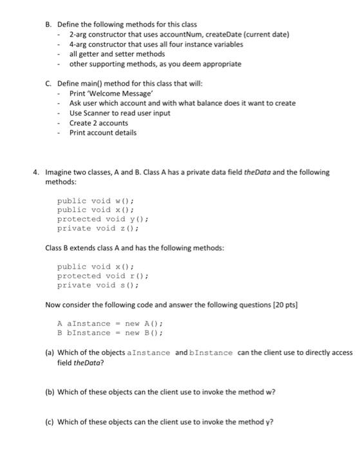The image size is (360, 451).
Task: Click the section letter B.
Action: (48, 24)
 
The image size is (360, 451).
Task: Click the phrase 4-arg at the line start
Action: (79, 44)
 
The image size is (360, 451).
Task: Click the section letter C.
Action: (48, 84)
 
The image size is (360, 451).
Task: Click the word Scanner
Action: (94, 113)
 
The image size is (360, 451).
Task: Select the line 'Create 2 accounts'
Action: (99, 123)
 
